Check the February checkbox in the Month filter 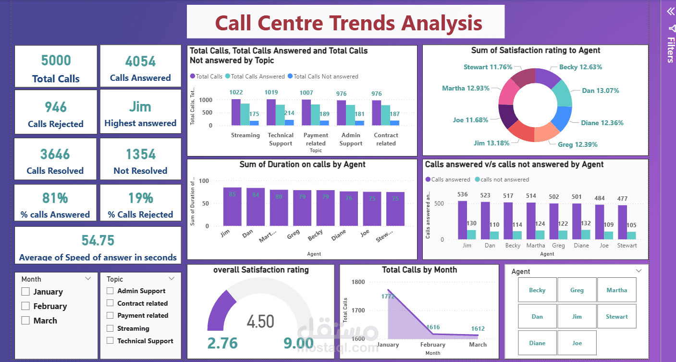tap(25, 306)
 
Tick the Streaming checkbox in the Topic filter tap(110, 328)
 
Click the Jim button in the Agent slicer tap(577, 317)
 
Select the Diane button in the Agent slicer tap(537, 343)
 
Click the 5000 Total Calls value tap(56, 61)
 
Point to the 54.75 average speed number tap(98, 241)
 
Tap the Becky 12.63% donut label tap(580, 67)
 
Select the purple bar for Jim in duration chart tap(233, 207)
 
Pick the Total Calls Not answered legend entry tap(323, 76)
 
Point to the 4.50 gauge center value tap(260, 321)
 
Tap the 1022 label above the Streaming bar tap(236, 92)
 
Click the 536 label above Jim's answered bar tap(462, 195)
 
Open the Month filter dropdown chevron tap(88, 279)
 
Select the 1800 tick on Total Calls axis tap(358, 282)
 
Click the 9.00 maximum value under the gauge tap(298, 343)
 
